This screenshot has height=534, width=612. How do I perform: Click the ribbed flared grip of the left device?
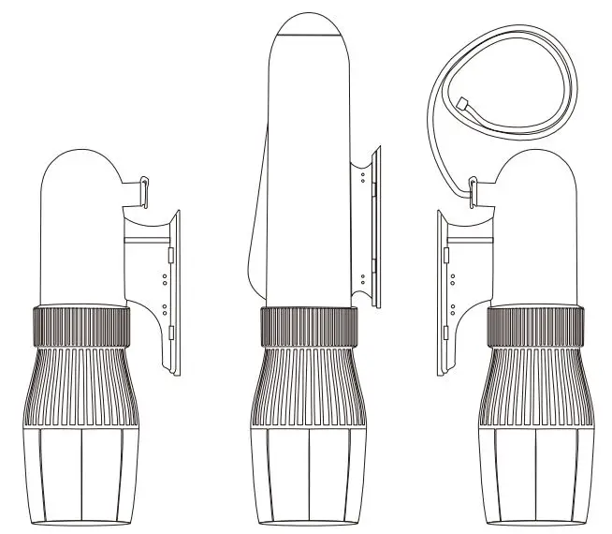[x=80, y=384]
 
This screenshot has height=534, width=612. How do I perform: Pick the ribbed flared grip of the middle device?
[x=308, y=384]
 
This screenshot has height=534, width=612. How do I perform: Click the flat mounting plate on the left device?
[x=174, y=290]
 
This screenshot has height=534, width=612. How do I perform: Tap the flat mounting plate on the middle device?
[x=376, y=225]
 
